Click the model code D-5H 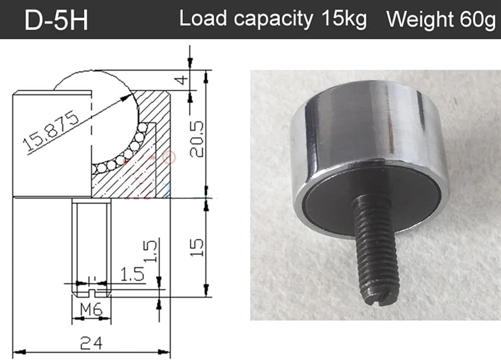pos(56,20)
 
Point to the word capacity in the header pos(273,19)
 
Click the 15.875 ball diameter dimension pos(52,130)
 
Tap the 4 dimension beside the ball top pos(182,80)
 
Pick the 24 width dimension pos(91,343)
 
